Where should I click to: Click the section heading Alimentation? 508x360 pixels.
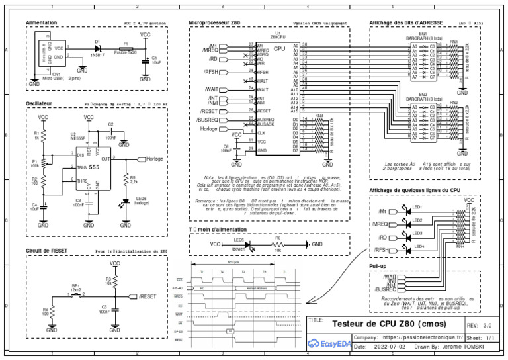pos(42,22)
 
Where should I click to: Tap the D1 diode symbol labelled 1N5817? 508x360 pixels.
pos(97,49)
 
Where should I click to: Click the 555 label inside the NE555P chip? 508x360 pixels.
pos(95,168)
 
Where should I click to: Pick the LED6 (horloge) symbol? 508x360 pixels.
pos(126,201)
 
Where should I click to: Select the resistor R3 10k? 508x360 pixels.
pos(115,281)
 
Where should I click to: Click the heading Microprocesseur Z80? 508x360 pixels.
pos(214,22)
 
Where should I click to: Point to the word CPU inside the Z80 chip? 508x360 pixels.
pos(279,49)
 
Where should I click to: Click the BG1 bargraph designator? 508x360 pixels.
pos(423,33)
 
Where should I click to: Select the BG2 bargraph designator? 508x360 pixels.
pos(423,94)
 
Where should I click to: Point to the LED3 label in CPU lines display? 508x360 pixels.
pos(417,233)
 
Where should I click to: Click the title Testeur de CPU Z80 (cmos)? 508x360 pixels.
pos(388,325)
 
